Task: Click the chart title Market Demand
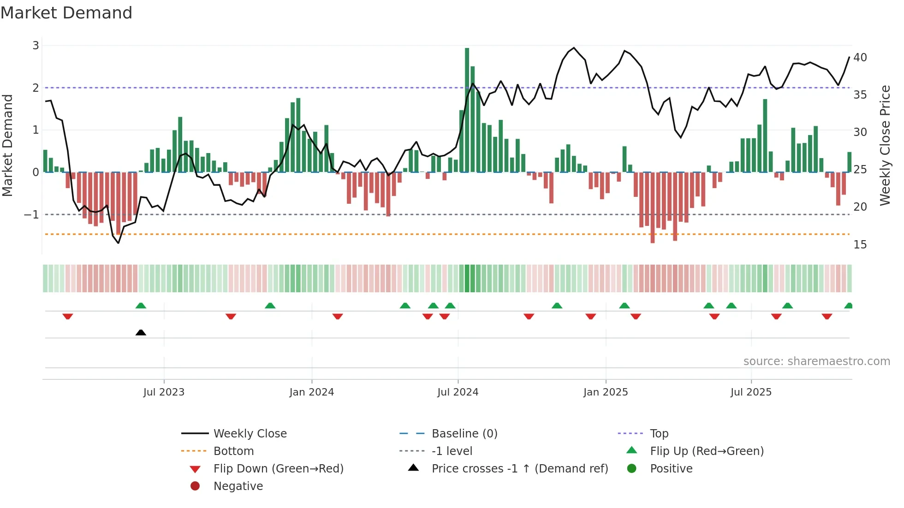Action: point(66,12)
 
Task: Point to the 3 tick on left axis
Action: point(36,46)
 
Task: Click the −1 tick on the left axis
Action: point(32,215)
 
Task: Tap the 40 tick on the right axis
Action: point(860,58)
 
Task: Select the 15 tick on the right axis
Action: point(860,245)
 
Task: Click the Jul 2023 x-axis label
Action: point(164,392)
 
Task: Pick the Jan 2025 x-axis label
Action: point(606,392)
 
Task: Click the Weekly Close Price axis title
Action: point(885,145)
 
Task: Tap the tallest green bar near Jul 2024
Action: point(467,111)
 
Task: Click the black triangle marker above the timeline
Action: point(141,332)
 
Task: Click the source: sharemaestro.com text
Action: point(816,361)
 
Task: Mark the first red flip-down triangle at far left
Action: point(68,316)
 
